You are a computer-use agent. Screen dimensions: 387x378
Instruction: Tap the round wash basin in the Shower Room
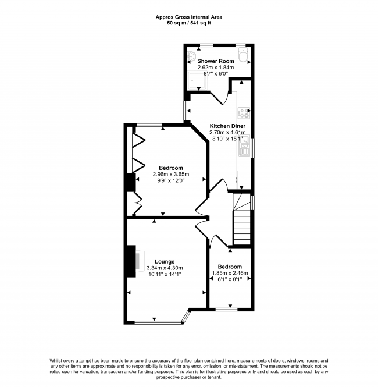tap(192, 56)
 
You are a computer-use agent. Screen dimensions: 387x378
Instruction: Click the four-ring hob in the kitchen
tap(243, 111)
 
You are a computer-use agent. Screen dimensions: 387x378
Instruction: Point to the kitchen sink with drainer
tap(243, 154)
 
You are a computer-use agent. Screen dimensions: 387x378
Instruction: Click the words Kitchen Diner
tap(227, 126)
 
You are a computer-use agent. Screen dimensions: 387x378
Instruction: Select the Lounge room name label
tap(165, 261)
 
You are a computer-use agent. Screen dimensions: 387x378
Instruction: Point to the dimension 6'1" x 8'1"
tap(229, 279)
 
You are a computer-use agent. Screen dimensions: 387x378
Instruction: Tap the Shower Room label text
tap(215, 61)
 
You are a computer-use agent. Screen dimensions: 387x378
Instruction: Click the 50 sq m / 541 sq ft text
tap(188, 23)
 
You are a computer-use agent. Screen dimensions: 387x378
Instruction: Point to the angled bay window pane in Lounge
tap(186, 316)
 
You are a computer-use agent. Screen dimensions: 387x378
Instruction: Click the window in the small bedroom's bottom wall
tap(230, 310)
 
